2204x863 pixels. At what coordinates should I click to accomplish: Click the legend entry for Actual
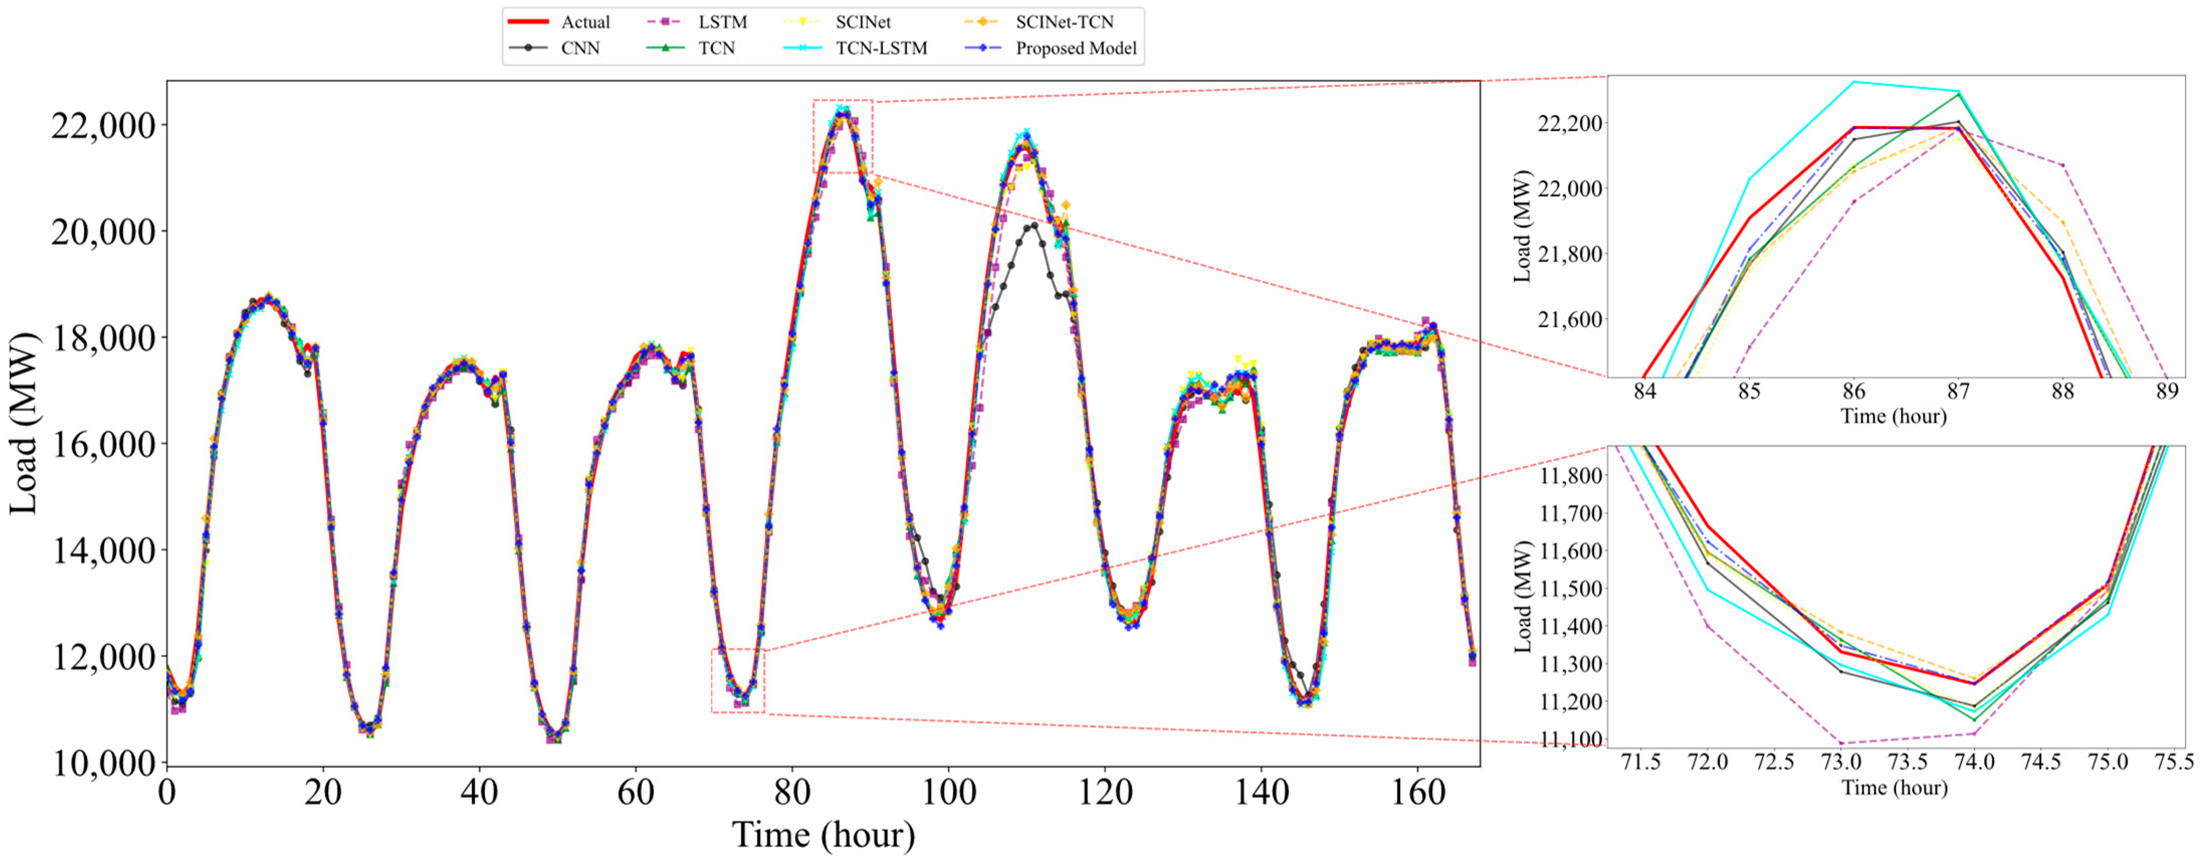coord(584,22)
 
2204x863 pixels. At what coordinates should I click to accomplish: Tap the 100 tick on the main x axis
coord(949,793)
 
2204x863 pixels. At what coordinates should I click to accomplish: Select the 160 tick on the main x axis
coord(1418,793)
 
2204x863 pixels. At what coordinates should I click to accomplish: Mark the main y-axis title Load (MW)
coord(24,423)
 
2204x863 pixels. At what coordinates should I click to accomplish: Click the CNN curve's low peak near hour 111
coord(1034,225)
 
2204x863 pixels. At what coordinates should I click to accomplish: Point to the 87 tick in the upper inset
coord(1958,392)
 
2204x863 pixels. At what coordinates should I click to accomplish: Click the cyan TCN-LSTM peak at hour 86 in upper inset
coord(1854,82)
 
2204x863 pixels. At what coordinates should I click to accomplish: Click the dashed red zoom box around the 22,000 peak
coord(843,101)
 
